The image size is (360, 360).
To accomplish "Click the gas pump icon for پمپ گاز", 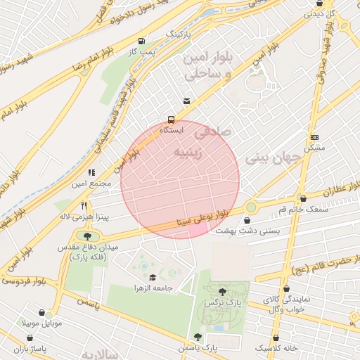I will tap(143, 41).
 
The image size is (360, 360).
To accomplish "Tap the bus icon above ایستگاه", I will tap(171, 119).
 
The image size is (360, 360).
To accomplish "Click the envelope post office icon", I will tap(186, 101).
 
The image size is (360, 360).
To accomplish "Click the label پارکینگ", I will tap(178, 33).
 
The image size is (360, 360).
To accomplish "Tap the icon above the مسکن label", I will tap(314, 137).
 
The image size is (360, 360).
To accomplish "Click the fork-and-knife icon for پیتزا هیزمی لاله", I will tap(84, 205).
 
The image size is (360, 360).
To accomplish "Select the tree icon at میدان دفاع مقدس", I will tap(87, 236).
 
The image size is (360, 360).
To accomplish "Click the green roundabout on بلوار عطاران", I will tap(251, 207).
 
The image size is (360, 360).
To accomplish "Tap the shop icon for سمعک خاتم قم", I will tap(303, 198).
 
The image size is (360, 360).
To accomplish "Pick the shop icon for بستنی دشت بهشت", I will tap(246, 220).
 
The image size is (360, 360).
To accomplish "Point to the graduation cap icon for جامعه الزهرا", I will tap(153, 277).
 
